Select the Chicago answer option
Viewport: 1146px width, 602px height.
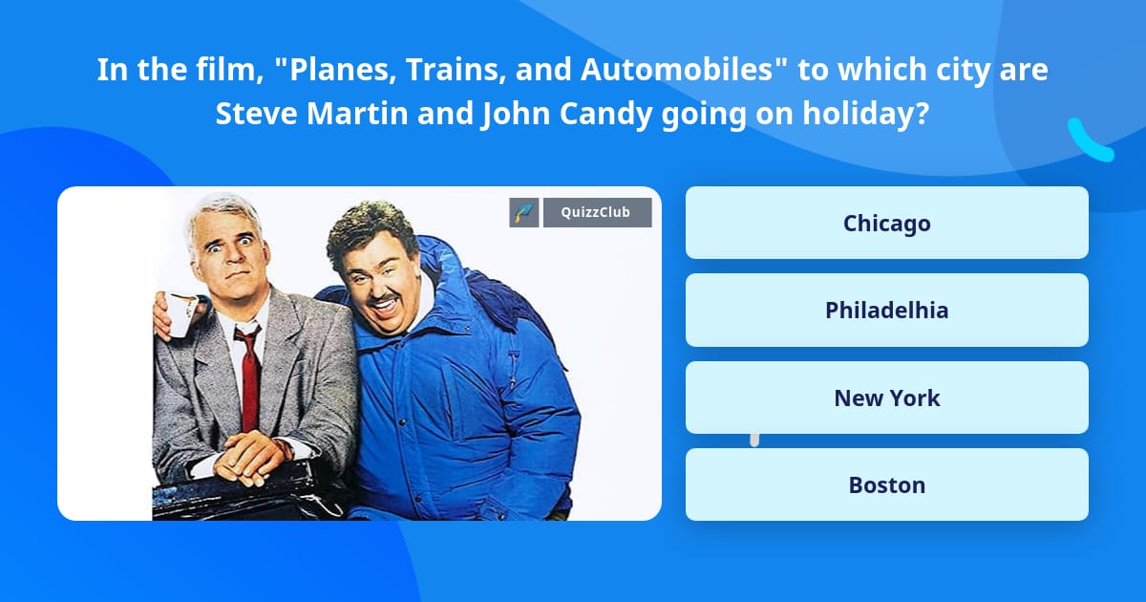click(886, 223)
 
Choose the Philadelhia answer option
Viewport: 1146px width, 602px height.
click(886, 310)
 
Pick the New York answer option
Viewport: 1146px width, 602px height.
click(886, 398)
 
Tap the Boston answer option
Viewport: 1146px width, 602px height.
click(886, 484)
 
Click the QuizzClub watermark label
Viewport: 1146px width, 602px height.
click(597, 212)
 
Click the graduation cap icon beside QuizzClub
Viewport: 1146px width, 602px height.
click(524, 212)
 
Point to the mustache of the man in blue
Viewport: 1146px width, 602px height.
click(384, 297)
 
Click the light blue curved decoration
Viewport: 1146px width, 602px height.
click(1090, 140)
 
